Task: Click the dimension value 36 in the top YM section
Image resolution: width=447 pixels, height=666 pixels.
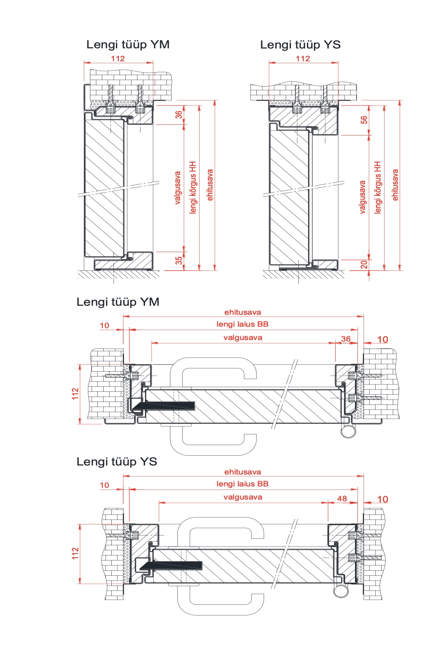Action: point(178,115)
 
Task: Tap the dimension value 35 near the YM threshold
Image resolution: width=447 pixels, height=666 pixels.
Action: point(178,261)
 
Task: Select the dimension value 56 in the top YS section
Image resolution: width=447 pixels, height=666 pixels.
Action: point(364,120)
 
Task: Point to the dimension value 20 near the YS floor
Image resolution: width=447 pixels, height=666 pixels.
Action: point(364,264)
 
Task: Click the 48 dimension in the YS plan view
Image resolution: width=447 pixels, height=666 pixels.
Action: point(342,498)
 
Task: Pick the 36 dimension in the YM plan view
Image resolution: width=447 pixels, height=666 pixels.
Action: point(346,339)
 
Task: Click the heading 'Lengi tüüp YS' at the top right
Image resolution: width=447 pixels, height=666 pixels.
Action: point(300,45)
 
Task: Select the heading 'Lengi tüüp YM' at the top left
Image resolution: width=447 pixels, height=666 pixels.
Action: point(128,45)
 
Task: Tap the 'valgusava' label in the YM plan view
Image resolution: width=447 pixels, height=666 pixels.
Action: point(243,338)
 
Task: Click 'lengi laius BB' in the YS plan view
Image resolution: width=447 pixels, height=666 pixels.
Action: point(242,484)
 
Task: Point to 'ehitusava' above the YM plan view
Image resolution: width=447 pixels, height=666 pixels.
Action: point(243,312)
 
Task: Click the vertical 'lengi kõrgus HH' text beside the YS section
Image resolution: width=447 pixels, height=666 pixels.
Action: point(378,187)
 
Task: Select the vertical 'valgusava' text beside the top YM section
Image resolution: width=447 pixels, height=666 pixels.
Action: point(177,188)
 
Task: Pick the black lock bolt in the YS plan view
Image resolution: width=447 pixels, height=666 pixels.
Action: point(171,566)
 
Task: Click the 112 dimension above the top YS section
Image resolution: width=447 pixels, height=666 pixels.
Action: point(303,59)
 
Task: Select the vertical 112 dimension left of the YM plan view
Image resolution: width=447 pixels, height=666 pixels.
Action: point(75,394)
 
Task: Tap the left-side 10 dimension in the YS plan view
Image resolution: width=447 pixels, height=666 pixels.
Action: point(104,485)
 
